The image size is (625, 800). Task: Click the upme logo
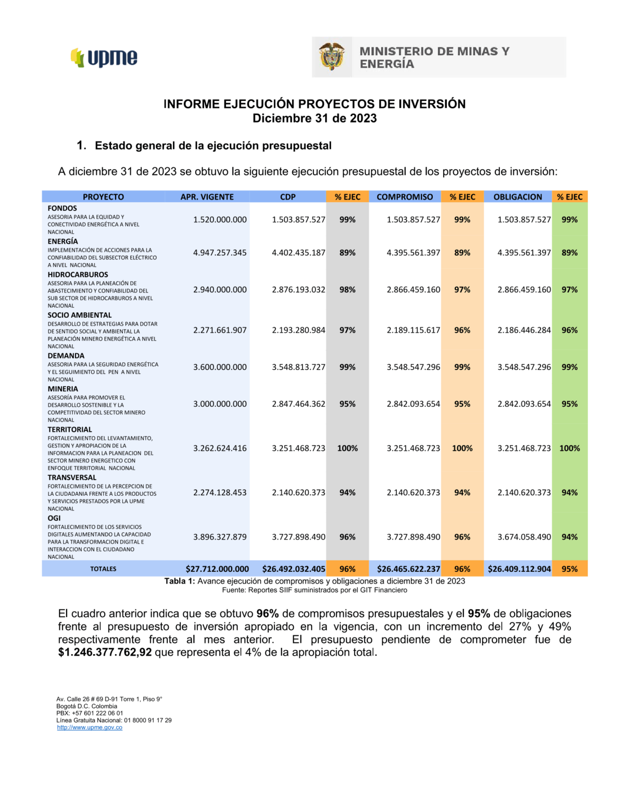pos(104,57)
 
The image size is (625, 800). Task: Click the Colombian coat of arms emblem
pos(332,57)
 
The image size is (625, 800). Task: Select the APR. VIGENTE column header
pos(207,197)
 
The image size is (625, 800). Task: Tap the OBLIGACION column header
pos(518,197)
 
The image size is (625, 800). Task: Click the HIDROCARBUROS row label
pos(78,274)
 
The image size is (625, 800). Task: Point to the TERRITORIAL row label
pos(70,430)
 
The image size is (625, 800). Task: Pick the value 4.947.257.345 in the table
pos(220,253)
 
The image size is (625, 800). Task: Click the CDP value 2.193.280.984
pos(298,330)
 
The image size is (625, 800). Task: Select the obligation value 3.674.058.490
pos(524,537)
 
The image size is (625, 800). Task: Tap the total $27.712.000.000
pos(217,569)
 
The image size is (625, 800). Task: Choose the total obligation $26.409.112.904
pos(519,569)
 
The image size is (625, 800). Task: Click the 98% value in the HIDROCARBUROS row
pos(347,290)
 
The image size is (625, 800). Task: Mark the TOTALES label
pos(103,569)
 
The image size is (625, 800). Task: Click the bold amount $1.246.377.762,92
pos(105,653)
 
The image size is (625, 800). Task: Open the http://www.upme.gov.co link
pos(90,728)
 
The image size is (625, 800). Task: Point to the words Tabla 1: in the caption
pos(180,581)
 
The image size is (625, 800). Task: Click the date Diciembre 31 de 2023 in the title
pos(315,118)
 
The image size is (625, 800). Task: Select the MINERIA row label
pos(63,389)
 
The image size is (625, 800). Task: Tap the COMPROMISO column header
pos(405,197)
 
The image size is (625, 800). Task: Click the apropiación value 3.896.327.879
pos(220,537)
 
